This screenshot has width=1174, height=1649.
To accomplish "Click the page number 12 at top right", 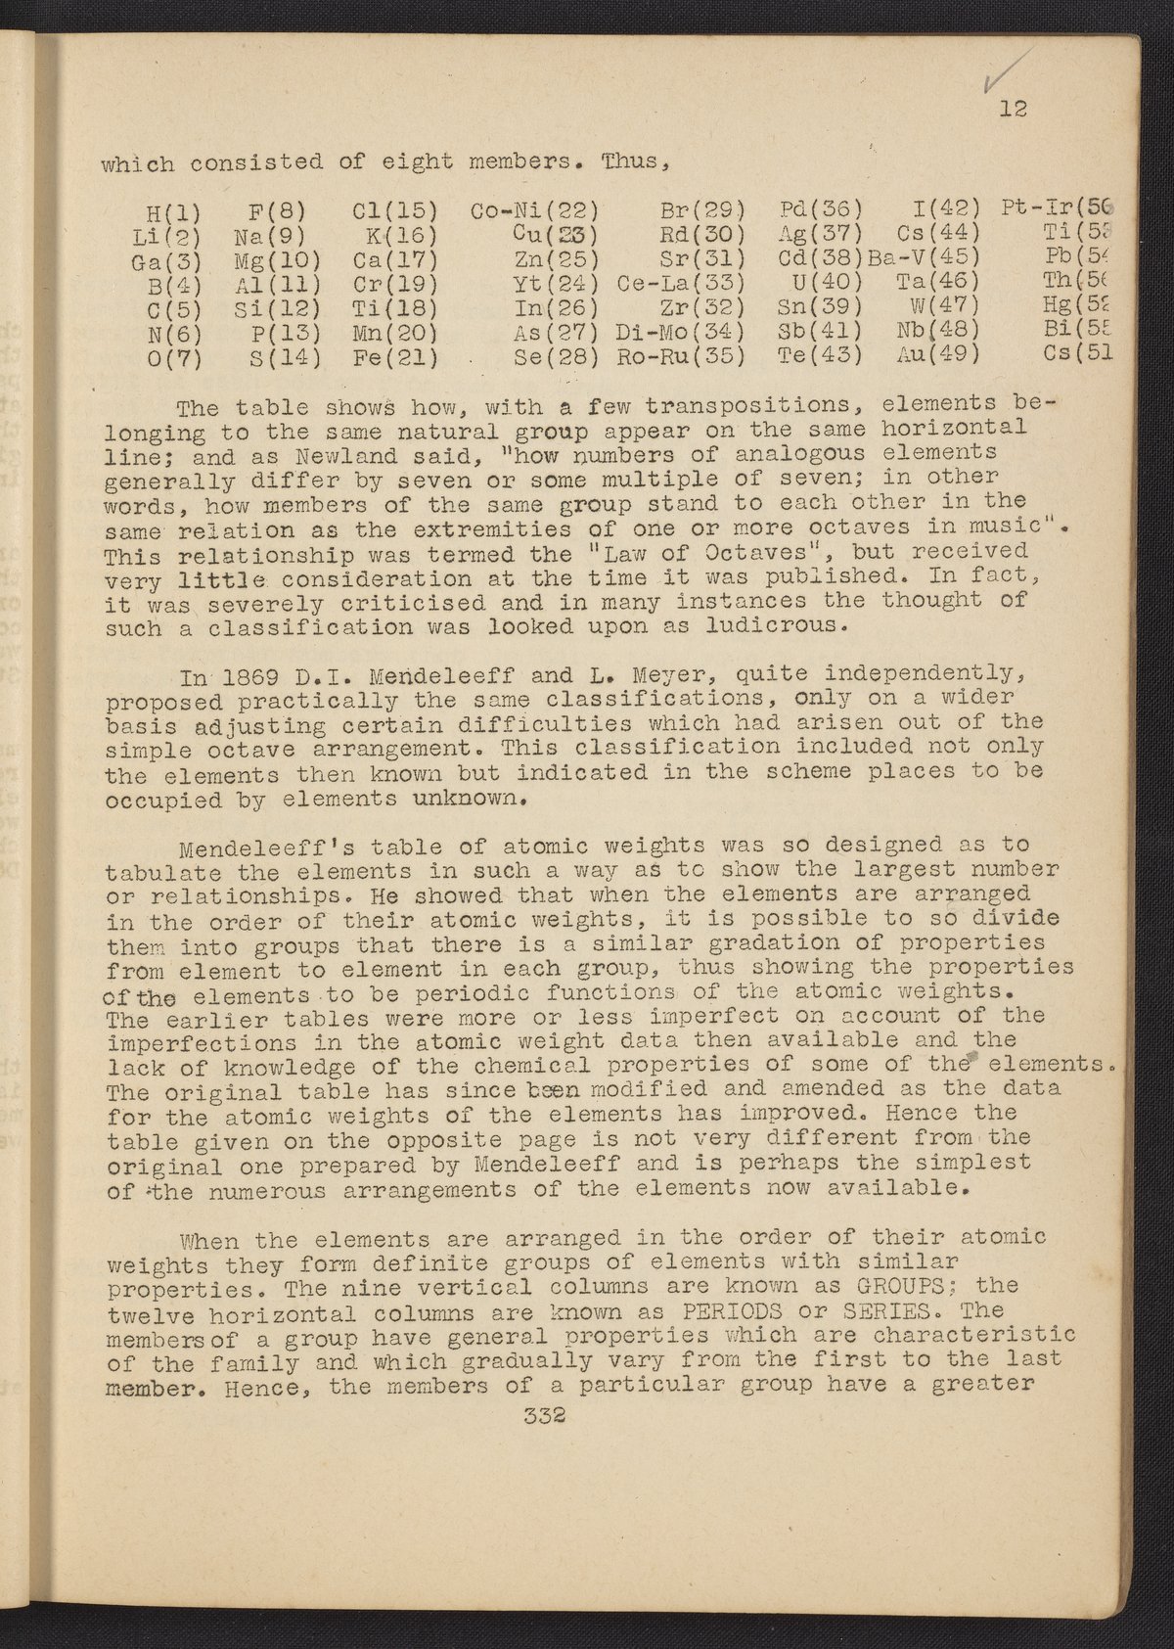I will click(1013, 109).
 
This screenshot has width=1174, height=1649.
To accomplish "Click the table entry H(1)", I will click(173, 210).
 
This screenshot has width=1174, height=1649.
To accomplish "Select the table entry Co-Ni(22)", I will click(535, 210).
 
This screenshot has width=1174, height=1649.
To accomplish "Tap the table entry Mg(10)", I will click(274, 260).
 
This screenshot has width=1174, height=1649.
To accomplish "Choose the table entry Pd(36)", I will click(821, 209).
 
